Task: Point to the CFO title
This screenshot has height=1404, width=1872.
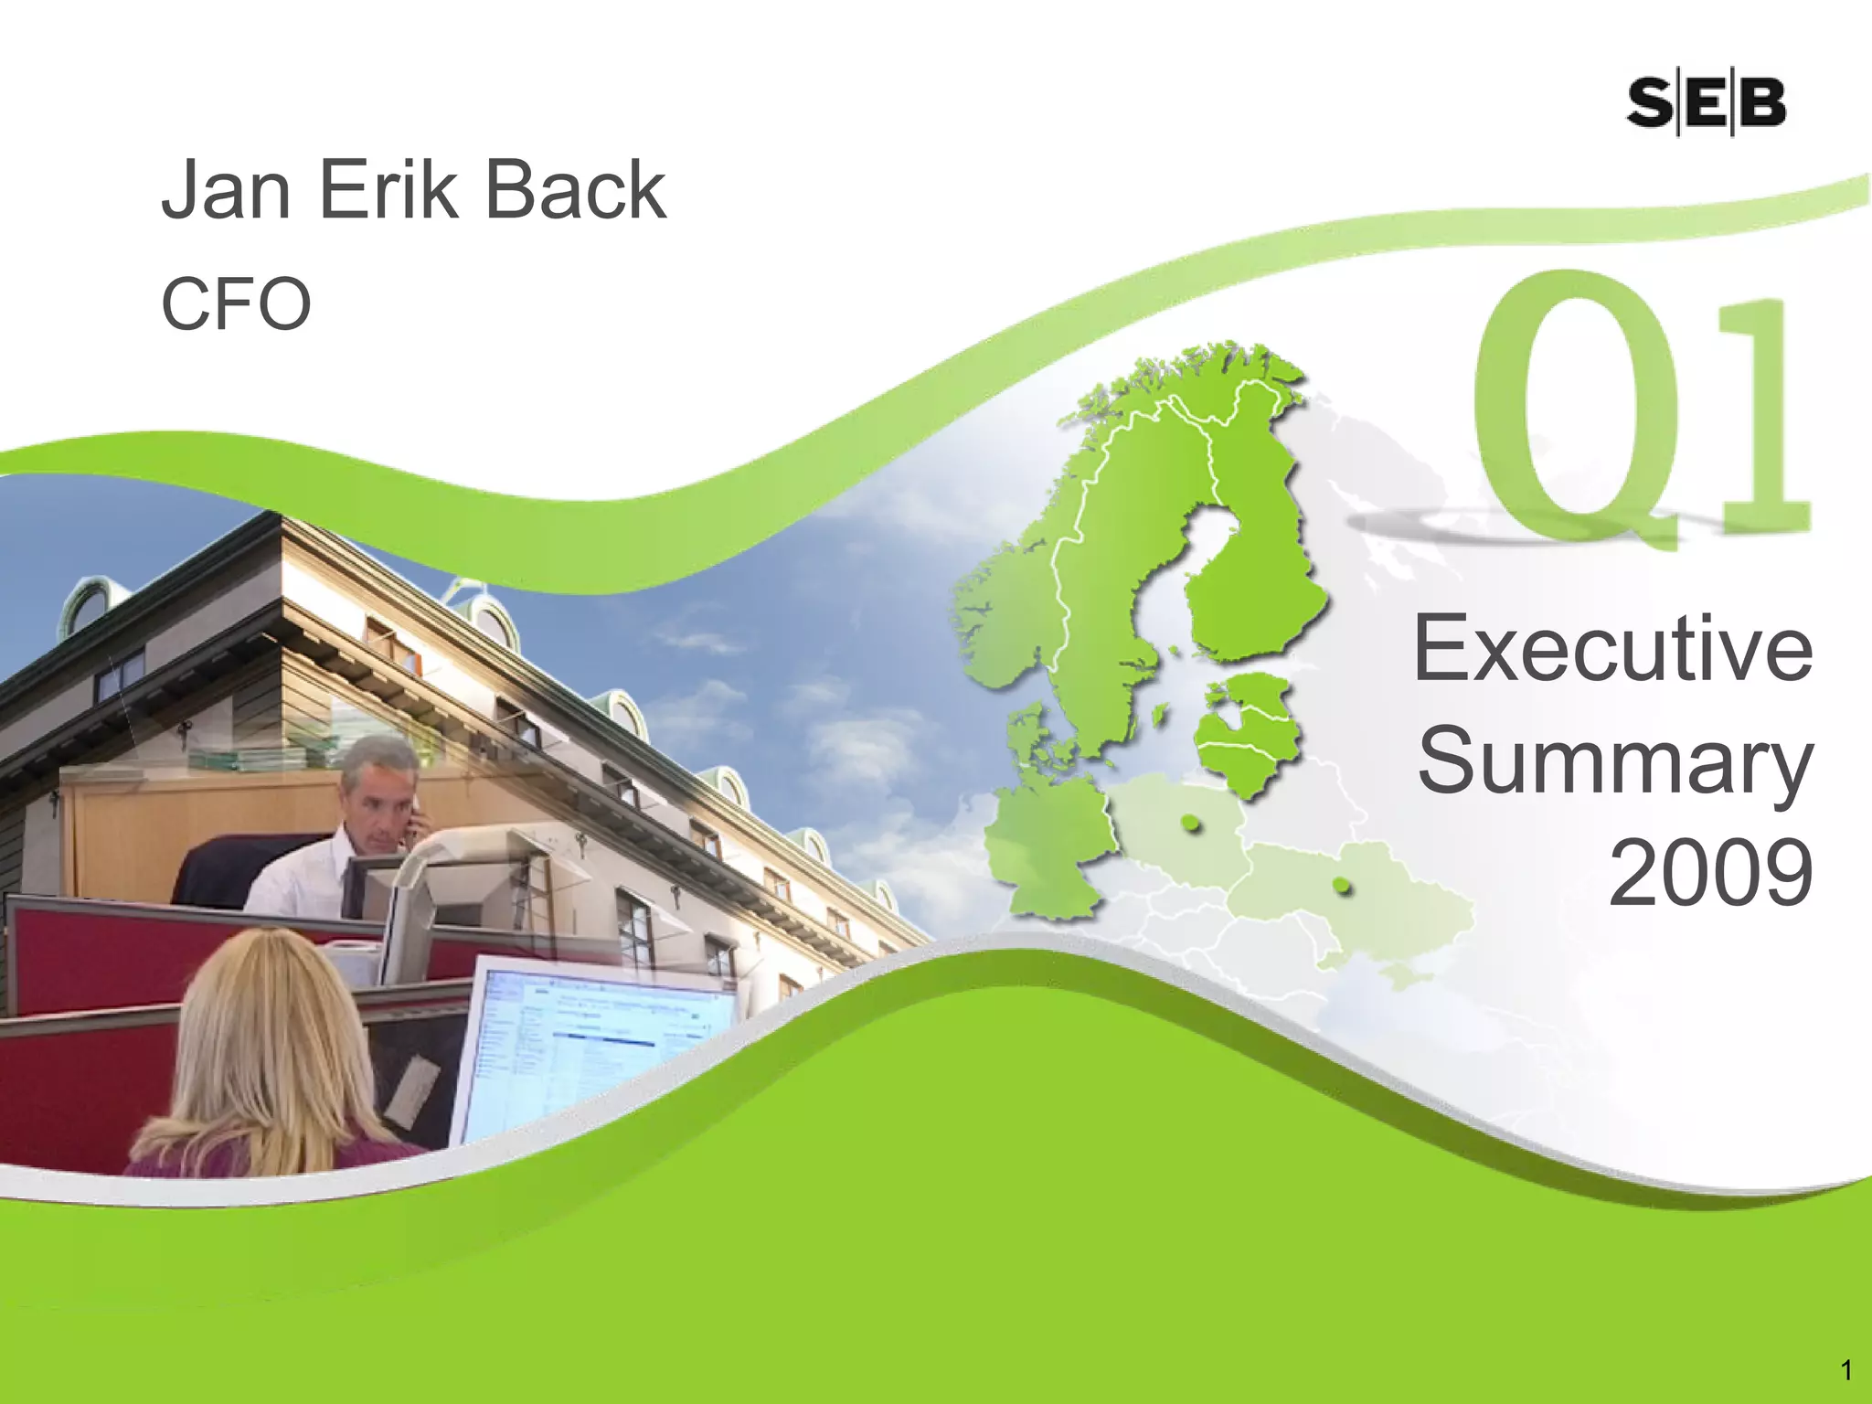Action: point(236,303)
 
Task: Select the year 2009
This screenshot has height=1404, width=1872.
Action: point(1710,873)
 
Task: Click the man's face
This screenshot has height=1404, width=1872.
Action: point(376,804)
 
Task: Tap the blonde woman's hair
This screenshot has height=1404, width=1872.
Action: point(265,1033)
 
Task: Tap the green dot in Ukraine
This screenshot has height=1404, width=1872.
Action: point(1341,885)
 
